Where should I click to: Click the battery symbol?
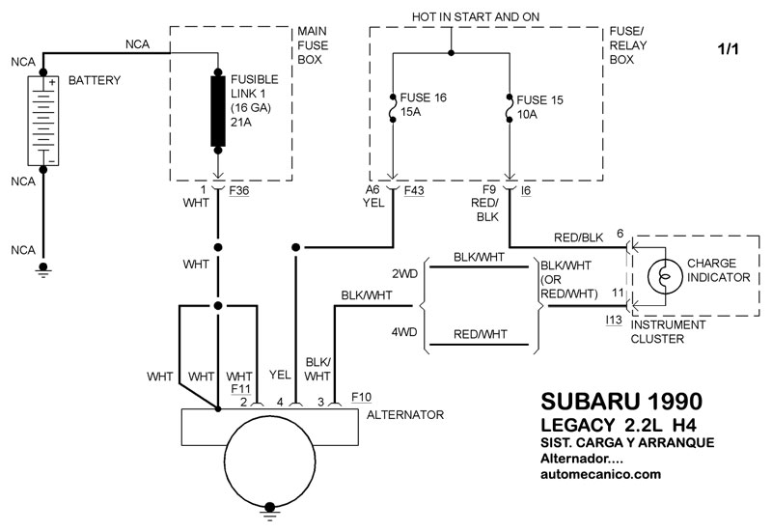tap(43, 121)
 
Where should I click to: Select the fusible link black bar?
tap(218, 111)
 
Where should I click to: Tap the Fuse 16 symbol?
tap(393, 108)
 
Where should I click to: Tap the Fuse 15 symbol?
tap(510, 108)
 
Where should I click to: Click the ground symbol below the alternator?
tap(270, 512)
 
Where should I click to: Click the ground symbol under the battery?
tap(43, 270)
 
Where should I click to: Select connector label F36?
tap(239, 190)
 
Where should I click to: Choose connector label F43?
tap(414, 190)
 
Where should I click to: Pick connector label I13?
tap(614, 321)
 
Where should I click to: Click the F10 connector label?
tap(361, 397)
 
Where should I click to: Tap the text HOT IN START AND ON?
tap(476, 16)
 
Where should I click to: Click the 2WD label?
tap(404, 274)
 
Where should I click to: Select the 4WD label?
tap(404, 332)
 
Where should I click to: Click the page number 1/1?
tap(729, 49)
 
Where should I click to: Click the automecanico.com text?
tap(600, 474)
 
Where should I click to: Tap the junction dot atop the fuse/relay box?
tap(451, 53)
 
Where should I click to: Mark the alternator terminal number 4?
tap(280, 403)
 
